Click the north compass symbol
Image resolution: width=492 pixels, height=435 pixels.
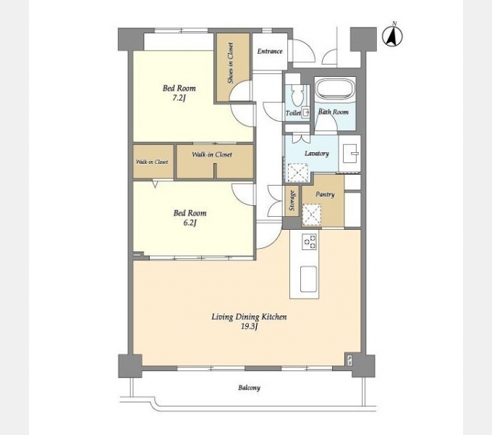(x=392, y=36)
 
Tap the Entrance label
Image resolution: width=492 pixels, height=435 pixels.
(x=270, y=51)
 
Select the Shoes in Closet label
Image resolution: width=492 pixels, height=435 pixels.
(x=232, y=63)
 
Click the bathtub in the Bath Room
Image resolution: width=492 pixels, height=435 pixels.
(x=335, y=89)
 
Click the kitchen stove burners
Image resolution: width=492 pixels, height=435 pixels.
(x=309, y=242)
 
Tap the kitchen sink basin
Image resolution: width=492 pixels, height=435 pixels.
(x=309, y=279)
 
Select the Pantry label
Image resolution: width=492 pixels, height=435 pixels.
(x=325, y=194)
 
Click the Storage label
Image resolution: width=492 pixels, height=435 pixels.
(x=293, y=201)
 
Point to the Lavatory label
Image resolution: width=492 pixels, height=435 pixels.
(x=317, y=154)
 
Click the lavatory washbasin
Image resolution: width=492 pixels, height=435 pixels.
(x=350, y=154)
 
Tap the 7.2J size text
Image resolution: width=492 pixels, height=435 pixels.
(x=179, y=98)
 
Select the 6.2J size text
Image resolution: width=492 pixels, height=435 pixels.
(x=190, y=223)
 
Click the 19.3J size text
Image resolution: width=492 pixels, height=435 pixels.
(x=249, y=327)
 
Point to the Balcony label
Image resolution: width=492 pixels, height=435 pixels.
(x=250, y=388)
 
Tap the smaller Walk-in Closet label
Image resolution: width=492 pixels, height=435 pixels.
(x=152, y=162)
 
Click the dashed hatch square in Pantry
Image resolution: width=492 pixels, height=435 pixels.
(x=311, y=215)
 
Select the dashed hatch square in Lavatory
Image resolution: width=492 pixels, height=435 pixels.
(x=298, y=173)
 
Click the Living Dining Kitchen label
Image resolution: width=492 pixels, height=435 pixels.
(x=249, y=317)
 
